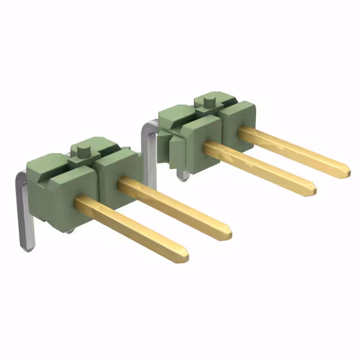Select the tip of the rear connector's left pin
point(312,190)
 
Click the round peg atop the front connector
point(84,150)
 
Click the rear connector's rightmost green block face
point(237,127)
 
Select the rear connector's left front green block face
point(200,143)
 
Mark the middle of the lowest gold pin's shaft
point(132,228)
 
